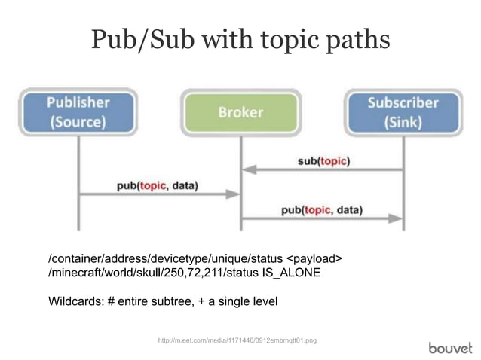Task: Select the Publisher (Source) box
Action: tap(78, 112)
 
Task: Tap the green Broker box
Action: tap(240, 112)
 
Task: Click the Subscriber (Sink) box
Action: tap(403, 112)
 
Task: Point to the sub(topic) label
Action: tap(323, 160)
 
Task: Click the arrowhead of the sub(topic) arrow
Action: tap(247, 171)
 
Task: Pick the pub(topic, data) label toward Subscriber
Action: tap(322, 210)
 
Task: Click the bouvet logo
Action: tap(450, 347)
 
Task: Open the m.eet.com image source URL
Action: tap(237, 341)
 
